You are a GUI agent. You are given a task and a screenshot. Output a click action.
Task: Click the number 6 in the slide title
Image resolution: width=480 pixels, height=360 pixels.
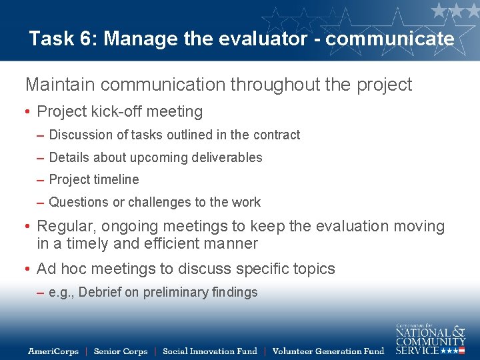[88, 39]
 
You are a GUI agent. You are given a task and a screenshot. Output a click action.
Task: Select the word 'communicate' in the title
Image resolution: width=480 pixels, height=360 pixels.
[390, 39]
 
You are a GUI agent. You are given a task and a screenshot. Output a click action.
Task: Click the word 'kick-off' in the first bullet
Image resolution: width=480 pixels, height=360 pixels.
[119, 111]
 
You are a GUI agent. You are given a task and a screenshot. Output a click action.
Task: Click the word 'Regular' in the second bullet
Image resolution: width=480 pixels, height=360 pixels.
[65, 227]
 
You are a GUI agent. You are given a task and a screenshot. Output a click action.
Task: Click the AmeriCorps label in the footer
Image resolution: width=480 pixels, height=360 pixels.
[53, 351]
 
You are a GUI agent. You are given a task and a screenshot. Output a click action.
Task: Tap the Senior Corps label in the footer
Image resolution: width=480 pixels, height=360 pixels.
[120, 351]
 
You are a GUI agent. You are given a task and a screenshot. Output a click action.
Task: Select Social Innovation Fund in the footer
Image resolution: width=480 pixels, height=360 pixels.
[209, 351]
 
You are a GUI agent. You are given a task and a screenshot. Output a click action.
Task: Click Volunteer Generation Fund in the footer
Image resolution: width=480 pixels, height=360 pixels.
[328, 351]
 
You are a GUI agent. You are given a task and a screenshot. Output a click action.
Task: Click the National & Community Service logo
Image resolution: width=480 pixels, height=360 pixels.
[430, 339]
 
